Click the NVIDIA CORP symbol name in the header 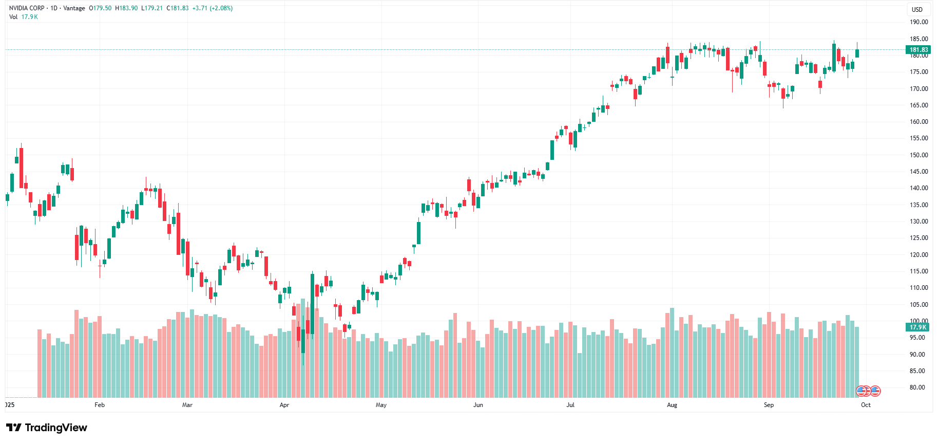point(27,8)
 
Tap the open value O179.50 point(100,8)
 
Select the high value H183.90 point(126,8)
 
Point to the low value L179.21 point(152,8)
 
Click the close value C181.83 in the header point(178,8)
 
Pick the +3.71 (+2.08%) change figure point(213,8)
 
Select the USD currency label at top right point(917,10)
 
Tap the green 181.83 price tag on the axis point(918,50)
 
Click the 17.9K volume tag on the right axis point(918,327)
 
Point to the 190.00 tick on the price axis point(918,22)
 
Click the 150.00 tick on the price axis point(918,155)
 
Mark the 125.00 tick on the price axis point(918,238)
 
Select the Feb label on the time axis point(100,405)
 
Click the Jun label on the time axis point(478,405)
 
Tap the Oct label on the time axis point(866,405)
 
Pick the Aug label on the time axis point(672,405)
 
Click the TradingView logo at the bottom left point(47,428)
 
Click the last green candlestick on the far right point(857,53)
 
